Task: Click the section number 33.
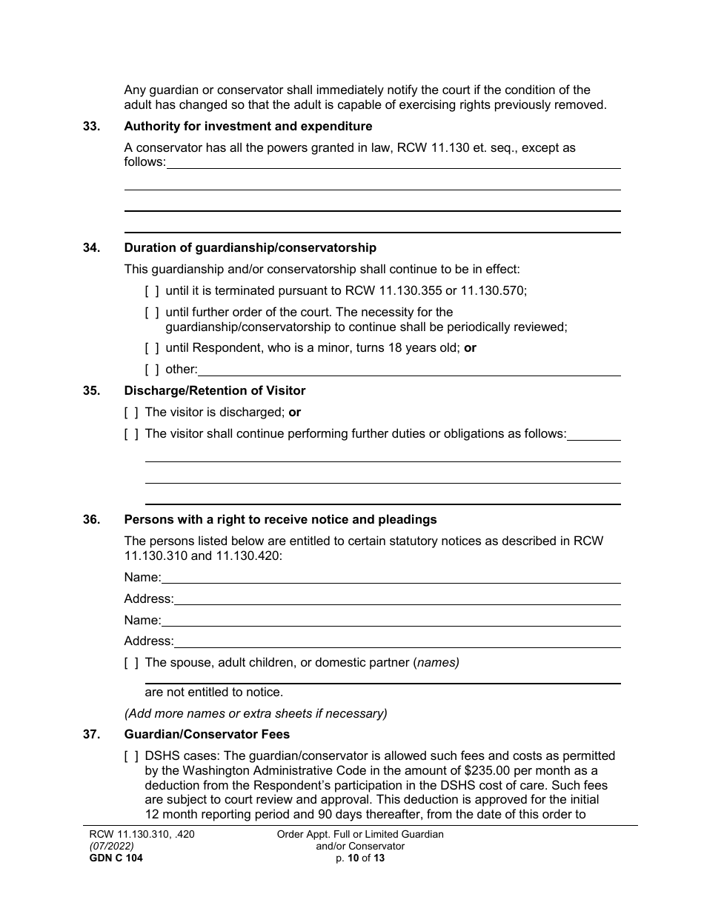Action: pos(91,127)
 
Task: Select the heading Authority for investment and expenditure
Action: pos(248,127)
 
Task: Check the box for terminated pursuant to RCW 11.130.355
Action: pos(152,291)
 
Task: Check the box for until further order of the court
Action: pos(152,313)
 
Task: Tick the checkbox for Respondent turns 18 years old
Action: pos(152,348)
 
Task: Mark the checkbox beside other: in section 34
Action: pos(152,370)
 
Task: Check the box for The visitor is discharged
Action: pos(131,413)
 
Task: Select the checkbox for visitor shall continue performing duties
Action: pos(131,434)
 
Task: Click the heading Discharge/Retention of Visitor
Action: pos(214,391)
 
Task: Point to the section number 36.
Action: pos(91,520)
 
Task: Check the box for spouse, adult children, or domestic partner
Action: pos(131,663)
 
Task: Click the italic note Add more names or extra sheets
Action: pos(256,714)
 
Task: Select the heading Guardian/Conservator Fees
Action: pos(207,735)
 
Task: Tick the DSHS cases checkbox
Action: pos(131,756)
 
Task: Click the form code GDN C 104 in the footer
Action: pos(110,859)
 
